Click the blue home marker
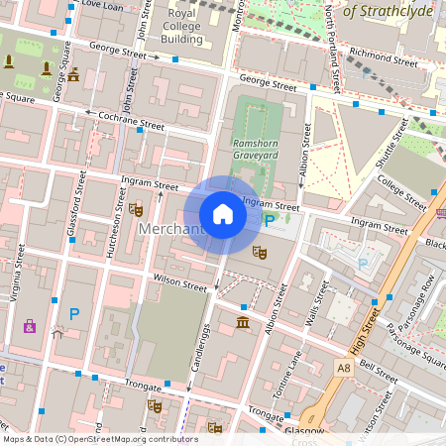coord(223,214)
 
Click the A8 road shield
coord(343,368)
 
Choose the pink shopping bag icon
coord(30,324)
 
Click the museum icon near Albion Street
coord(244,324)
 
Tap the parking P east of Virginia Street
coord(73,313)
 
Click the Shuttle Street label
coord(390,144)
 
